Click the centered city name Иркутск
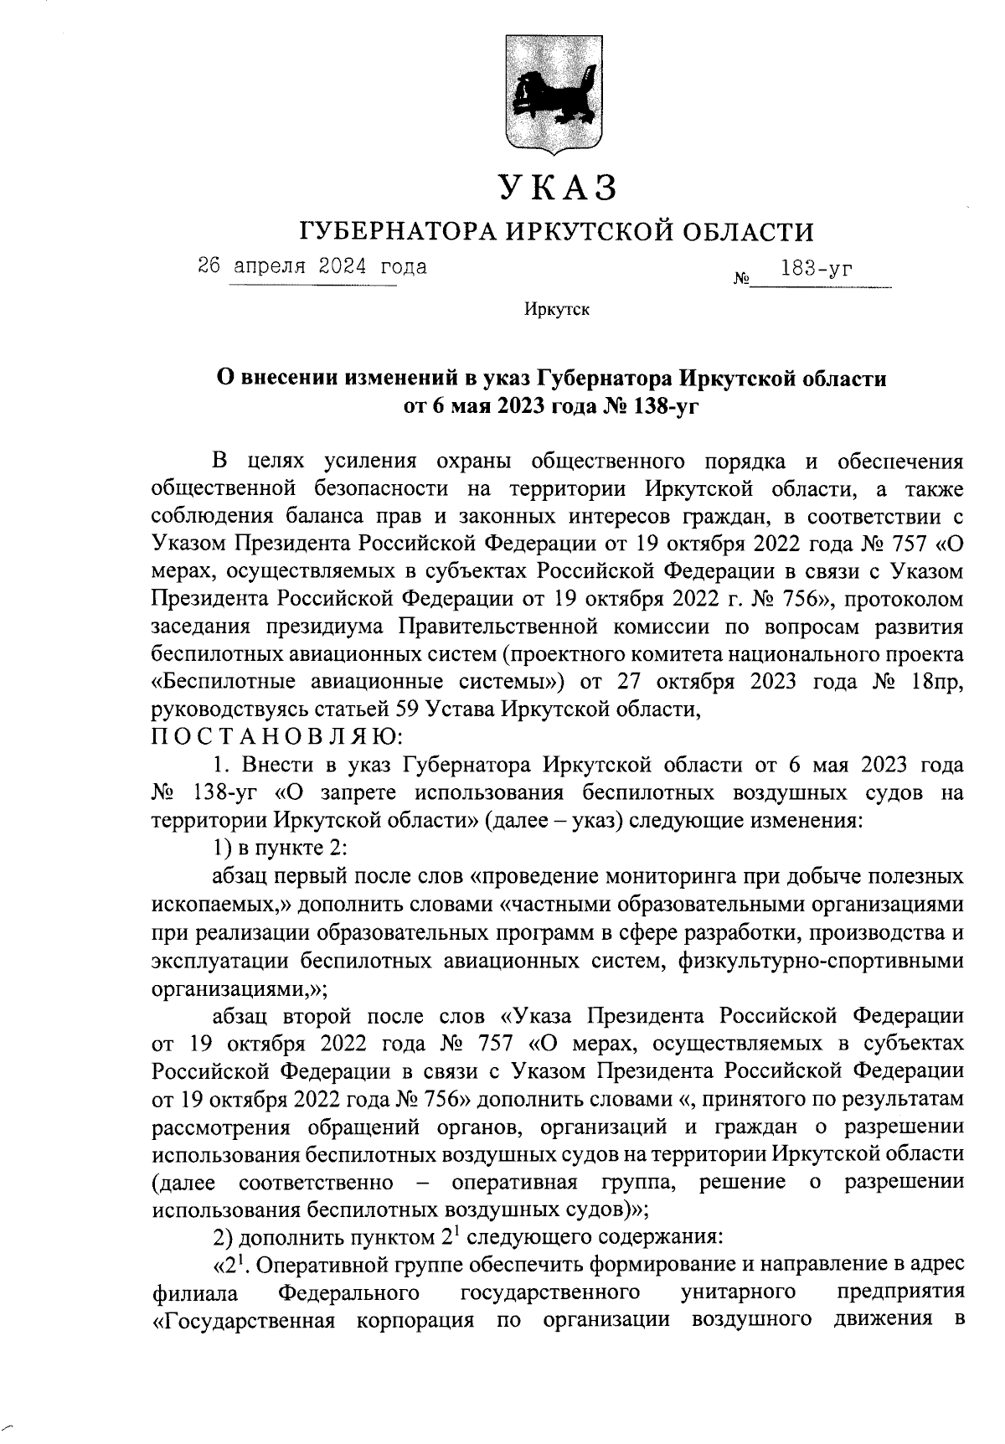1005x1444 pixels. [557, 311]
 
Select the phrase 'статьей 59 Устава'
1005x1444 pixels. [319, 709]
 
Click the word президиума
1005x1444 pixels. [324, 627]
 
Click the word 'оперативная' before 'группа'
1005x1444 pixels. [515, 1183]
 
